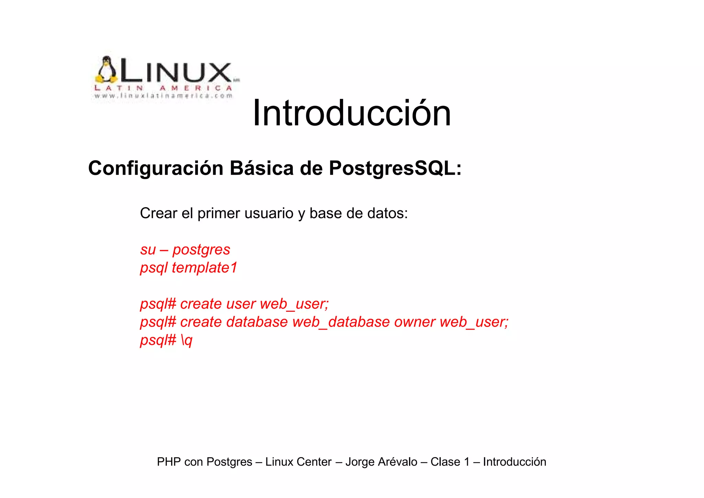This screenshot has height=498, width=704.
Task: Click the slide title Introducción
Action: click(351, 113)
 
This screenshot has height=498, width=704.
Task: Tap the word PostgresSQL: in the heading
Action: click(395, 168)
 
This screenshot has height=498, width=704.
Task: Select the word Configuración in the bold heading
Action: click(156, 168)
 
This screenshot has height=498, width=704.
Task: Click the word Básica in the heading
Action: click(262, 168)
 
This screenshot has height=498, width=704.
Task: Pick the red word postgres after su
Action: click(201, 250)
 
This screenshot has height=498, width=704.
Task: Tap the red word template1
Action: click(205, 268)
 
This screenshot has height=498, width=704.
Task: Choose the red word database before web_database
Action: click(257, 322)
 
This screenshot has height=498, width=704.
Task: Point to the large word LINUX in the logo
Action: click(175, 73)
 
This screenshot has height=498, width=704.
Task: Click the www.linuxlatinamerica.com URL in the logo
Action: click(164, 96)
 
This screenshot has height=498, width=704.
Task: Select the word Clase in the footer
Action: click(445, 462)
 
